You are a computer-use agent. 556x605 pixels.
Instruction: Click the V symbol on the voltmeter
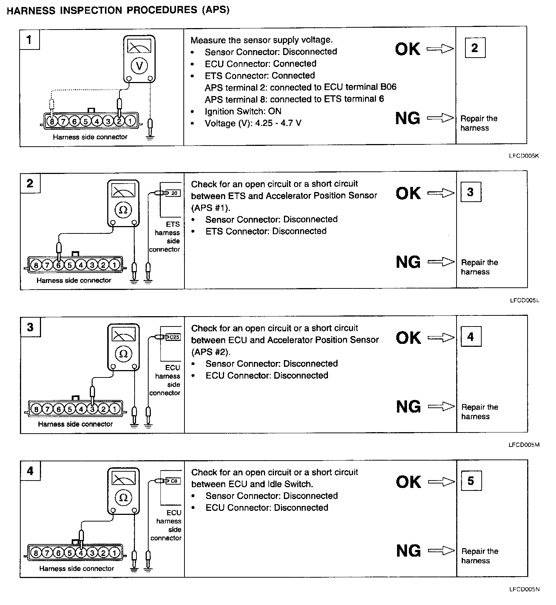pyautogui.click(x=139, y=66)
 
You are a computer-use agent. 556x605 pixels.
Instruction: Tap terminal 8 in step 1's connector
pyautogui.click(x=52, y=121)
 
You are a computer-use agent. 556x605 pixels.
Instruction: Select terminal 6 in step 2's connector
pyautogui.click(x=58, y=265)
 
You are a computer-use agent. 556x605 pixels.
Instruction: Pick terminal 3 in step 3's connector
pyautogui.click(x=92, y=409)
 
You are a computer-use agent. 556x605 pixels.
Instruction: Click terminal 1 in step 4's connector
pyautogui.click(x=115, y=553)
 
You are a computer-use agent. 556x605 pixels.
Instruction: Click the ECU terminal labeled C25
pyautogui.click(x=174, y=337)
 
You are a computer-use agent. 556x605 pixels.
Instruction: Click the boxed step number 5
pyautogui.click(x=471, y=481)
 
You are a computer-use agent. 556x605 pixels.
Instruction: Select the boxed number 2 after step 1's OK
pyautogui.click(x=475, y=48)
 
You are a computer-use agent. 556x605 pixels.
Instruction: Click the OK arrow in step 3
pyautogui.click(x=441, y=338)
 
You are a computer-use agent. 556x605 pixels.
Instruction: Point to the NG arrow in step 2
pyautogui.click(x=441, y=262)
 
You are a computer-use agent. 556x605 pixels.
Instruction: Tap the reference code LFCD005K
pyautogui.click(x=524, y=156)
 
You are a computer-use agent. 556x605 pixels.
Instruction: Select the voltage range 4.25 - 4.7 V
pyautogui.click(x=278, y=123)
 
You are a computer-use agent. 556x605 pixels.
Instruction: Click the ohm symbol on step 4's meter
pyautogui.click(x=123, y=498)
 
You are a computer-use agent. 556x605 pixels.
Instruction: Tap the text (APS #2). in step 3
pyautogui.click(x=210, y=352)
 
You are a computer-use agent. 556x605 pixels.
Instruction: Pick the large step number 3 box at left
pyautogui.click(x=30, y=327)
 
